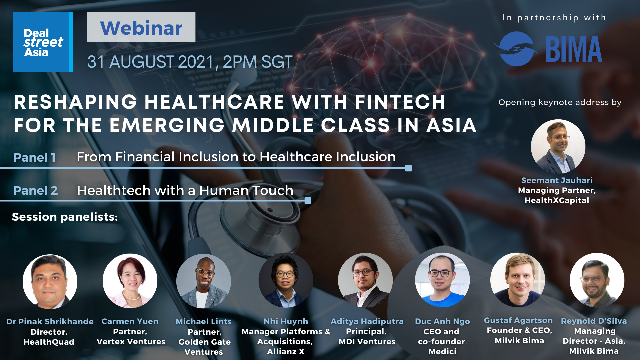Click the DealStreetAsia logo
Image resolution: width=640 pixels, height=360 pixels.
tap(43, 42)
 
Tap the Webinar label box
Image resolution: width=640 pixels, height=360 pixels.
tap(141, 27)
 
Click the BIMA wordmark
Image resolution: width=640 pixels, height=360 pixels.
tap(574, 49)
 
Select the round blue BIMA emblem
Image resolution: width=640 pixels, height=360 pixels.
tap(516, 49)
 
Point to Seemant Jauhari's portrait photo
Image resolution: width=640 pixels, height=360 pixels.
tap(558, 147)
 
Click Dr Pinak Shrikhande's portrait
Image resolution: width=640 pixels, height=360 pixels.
tap(50, 282)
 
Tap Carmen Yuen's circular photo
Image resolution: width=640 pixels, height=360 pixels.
tap(130, 281)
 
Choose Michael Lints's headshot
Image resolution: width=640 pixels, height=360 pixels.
tap(204, 281)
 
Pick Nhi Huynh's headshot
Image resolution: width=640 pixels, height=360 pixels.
tap(286, 280)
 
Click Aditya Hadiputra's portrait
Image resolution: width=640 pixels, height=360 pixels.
tap(365, 280)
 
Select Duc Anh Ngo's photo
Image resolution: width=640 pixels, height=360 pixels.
tap(442, 280)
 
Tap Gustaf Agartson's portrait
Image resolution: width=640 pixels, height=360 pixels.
tap(518, 280)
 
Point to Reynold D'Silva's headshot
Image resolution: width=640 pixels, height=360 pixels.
tap(597, 280)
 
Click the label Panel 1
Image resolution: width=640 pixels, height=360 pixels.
tap(34, 157)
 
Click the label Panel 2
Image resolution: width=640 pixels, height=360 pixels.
tap(35, 190)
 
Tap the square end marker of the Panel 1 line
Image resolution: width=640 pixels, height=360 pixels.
tap(408, 168)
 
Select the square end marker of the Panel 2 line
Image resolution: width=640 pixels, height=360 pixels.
tap(308, 201)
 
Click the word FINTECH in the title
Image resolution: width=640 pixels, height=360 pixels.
tap(400, 102)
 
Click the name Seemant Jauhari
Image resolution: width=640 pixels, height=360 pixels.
tap(557, 180)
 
